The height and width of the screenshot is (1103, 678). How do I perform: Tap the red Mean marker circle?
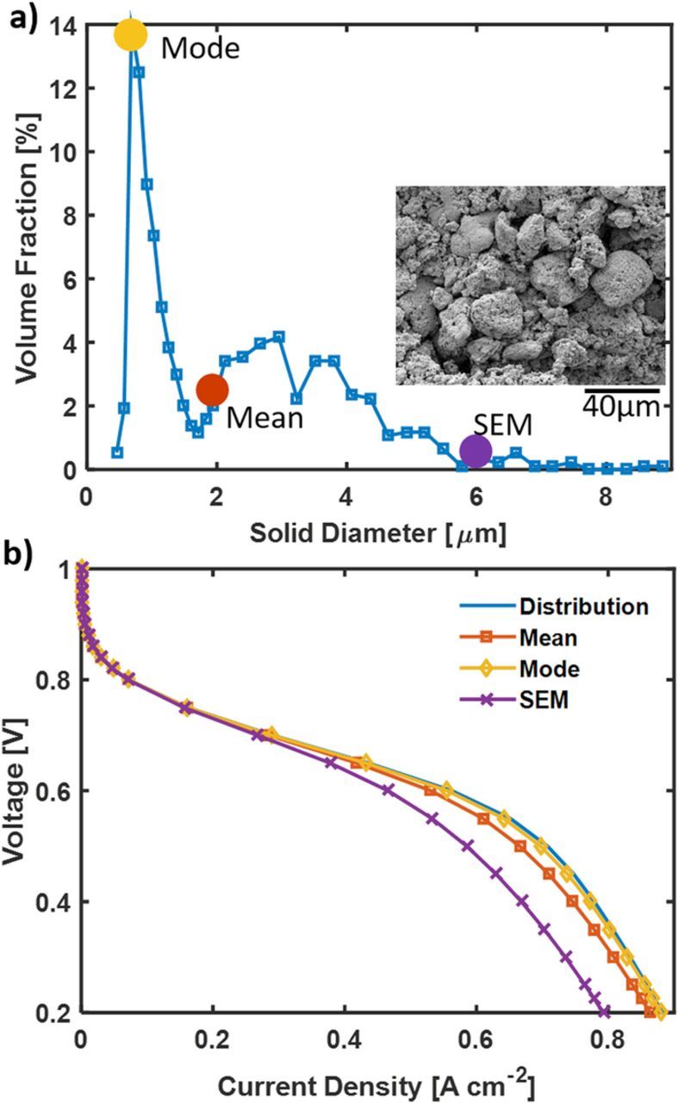[212, 389]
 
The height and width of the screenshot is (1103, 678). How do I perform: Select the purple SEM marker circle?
[476, 450]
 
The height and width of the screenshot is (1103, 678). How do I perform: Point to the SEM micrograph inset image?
[531, 285]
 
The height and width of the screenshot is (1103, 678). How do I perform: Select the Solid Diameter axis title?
[378, 533]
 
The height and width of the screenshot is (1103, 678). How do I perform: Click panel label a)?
[23, 19]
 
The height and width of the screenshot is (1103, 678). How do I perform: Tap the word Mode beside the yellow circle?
[200, 48]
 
